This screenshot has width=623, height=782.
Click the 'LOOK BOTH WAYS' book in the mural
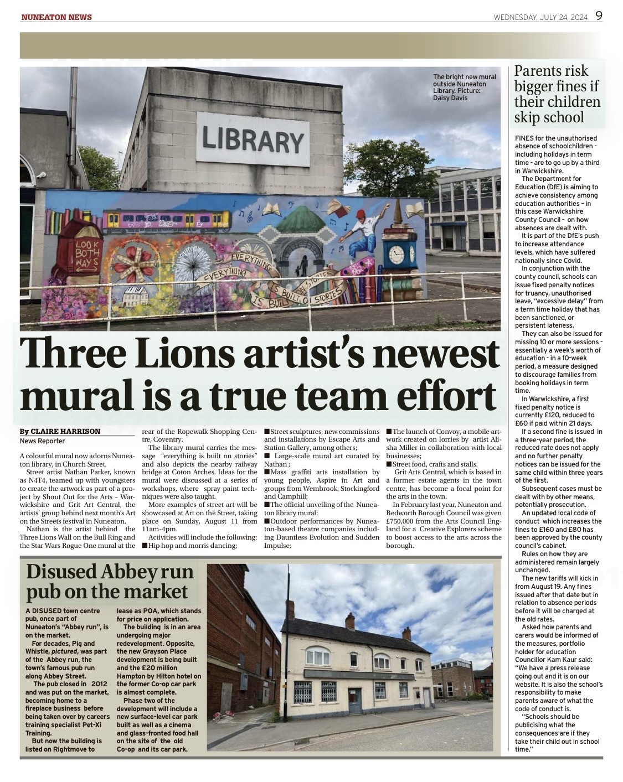(80, 254)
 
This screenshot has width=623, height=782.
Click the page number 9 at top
(599, 16)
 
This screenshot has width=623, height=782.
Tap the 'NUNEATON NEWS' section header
(56, 17)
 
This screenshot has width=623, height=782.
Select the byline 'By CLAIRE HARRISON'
(60, 432)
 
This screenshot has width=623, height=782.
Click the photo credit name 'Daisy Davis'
(450, 98)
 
